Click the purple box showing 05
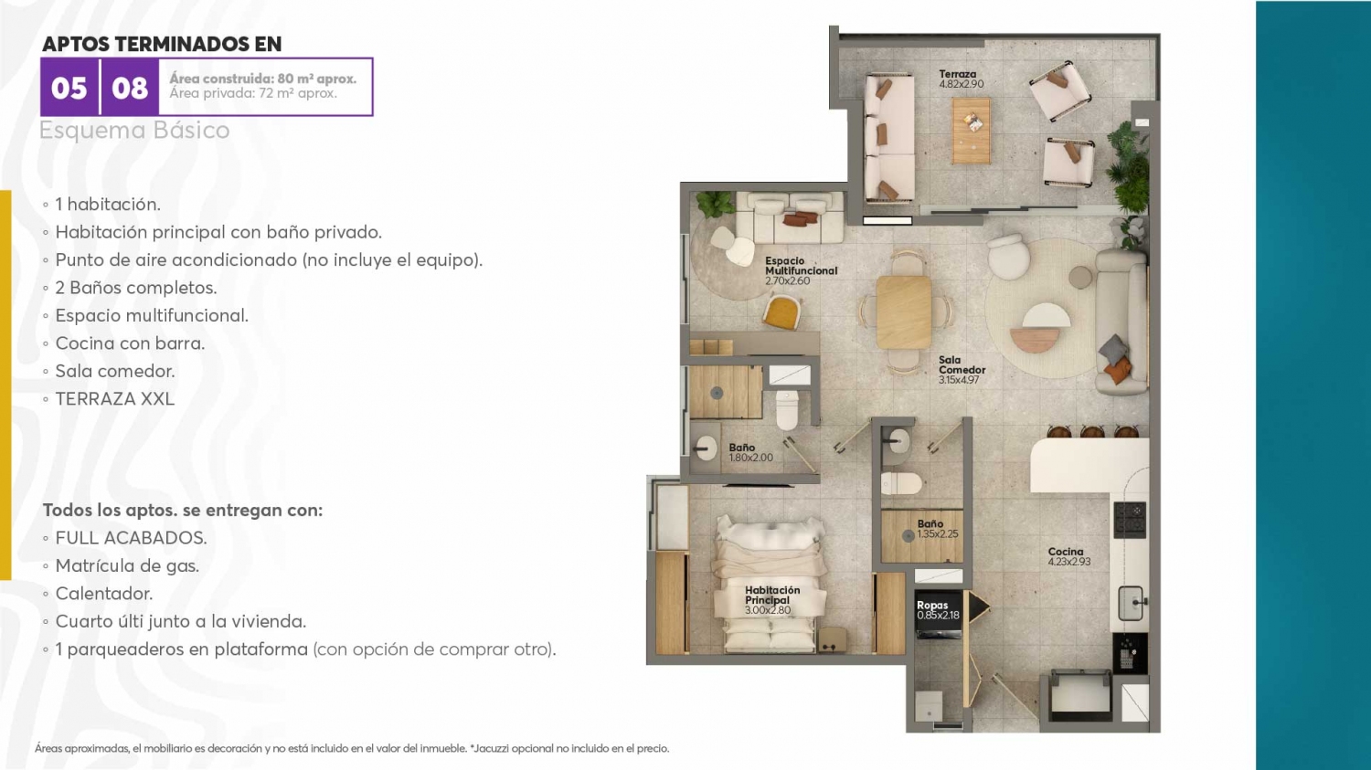(x=69, y=87)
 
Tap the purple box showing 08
(x=129, y=87)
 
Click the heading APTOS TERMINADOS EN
(x=162, y=44)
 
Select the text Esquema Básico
(x=134, y=131)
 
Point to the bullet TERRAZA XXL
(x=114, y=399)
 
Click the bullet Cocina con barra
(x=130, y=343)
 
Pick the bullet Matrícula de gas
(x=127, y=565)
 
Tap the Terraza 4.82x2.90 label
(x=961, y=79)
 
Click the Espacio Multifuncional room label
(x=801, y=270)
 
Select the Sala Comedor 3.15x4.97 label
(x=962, y=369)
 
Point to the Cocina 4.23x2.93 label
(x=1068, y=556)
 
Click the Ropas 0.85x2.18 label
(x=938, y=610)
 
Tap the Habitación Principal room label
(x=771, y=600)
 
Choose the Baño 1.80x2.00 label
(x=750, y=452)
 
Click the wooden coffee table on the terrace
(x=971, y=131)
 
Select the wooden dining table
(x=903, y=311)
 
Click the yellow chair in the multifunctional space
(x=782, y=311)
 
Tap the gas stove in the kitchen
(x=1129, y=519)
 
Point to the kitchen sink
(x=1132, y=603)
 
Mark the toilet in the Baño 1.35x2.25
(x=901, y=483)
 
